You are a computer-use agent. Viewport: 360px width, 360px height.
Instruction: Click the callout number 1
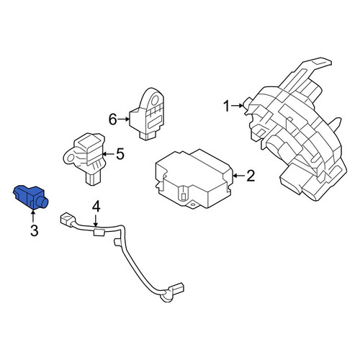[227, 107]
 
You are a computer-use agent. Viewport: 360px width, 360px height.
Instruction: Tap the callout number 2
[251, 176]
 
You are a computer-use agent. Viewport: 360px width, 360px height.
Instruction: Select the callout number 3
[34, 230]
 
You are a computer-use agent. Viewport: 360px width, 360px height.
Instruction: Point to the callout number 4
[96, 207]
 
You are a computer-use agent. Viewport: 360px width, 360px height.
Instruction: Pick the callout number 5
[120, 154]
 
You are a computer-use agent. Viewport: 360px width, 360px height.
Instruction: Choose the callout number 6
[113, 120]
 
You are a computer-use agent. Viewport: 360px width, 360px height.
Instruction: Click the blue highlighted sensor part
[30, 197]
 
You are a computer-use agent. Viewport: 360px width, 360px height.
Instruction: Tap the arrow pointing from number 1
[237, 106]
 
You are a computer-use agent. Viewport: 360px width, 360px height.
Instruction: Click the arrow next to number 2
[239, 176]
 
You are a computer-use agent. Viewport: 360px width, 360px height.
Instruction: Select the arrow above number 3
[33, 216]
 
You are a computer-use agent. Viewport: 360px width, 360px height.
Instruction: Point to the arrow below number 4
[96, 221]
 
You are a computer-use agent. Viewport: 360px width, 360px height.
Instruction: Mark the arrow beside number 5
[109, 154]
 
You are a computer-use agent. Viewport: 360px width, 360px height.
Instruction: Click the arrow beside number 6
[124, 119]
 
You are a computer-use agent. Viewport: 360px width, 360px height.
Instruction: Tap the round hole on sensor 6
[155, 99]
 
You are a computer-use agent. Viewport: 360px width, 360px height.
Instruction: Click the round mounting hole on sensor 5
[71, 158]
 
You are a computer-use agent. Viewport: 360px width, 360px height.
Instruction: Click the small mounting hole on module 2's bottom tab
[192, 205]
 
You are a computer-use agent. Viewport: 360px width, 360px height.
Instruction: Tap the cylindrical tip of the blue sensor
[44, 203]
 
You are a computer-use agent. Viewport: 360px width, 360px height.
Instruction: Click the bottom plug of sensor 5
[94, 179]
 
